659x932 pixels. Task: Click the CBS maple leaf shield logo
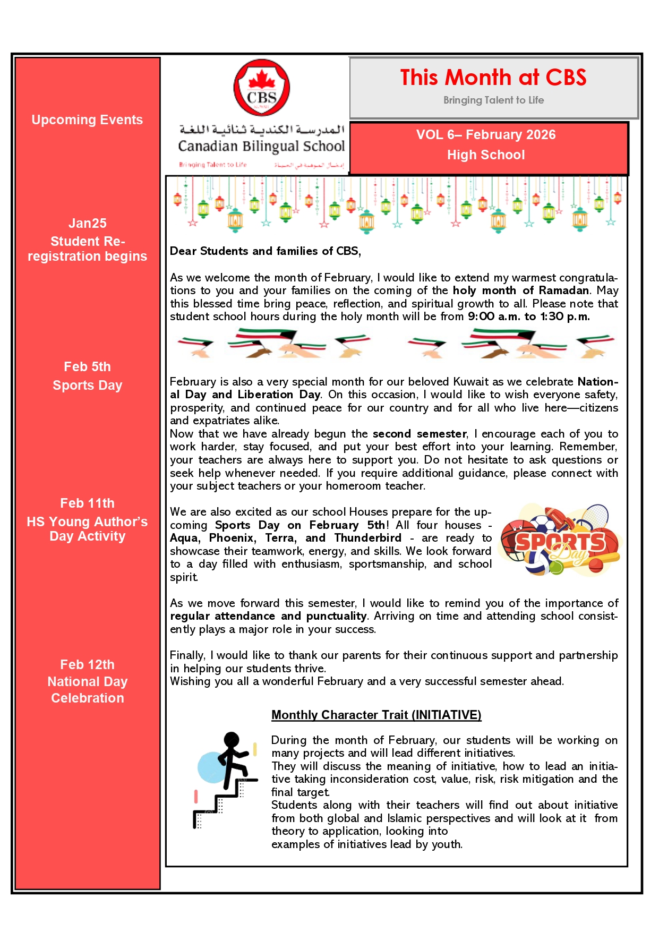pyautogui.click(x=262, y=88)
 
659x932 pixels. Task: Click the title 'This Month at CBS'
pyautogui.click(x=493, y=78)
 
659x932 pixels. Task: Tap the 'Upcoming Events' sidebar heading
pyautogui.click(x=87, y=120)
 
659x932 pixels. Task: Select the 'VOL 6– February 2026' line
pyautogui.click(x=485, y=135)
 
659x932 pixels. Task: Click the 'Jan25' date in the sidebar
pyautogui.click(x=87, y=224)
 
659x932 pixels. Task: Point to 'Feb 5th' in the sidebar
pyautogui.click(x=87, y=367)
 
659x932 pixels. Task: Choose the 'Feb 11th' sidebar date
pyautogui.click(x=87, y=503)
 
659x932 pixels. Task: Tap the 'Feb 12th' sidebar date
pyautogui.click(x=87, y=665)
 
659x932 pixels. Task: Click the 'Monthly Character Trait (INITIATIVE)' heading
pyautogui.click(x=376, y=715)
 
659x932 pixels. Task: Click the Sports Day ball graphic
pyautogui.click(x=560, y=541)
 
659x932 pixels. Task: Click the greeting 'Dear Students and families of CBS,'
pyautogui.click(x=265, y=251)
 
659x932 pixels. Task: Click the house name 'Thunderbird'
pyautogui.click(x=367, y=538)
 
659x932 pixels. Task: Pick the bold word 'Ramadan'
pyautogui.click(x=563, y=290)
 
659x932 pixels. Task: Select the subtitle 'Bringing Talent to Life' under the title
pyautogui.click(x=493, y=100)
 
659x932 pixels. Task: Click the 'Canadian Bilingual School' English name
pyautogui.click(x=261, y=146)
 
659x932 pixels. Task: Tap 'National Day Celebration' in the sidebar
pyautogui.click(x=87, y=690)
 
